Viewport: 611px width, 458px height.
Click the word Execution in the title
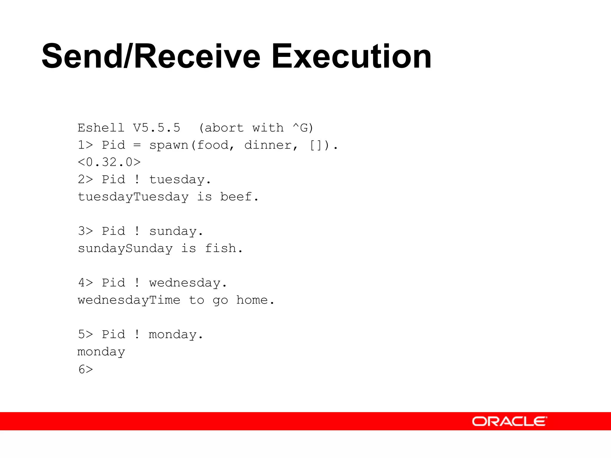point(351,56)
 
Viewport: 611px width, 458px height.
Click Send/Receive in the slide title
point(151,56)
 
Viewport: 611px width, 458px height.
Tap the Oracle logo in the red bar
point(509,421)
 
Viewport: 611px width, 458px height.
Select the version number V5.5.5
point(157,128)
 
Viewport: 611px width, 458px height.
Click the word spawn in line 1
point(169,145)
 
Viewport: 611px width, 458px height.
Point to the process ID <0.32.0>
point(109,162)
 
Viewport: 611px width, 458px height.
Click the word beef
point(236,197)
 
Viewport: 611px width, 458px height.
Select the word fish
point(220,248)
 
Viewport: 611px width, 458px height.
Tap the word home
point(252,300)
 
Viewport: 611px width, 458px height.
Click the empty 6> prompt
point(86,369)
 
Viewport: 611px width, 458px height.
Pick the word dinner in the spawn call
point(267,145)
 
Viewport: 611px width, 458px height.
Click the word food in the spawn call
point(212,145)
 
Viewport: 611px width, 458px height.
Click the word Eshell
point(101,128)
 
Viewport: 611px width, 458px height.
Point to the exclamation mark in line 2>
point(137,180)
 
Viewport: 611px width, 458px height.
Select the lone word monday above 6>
point(101,352)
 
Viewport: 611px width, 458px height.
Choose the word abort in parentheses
point(224,128)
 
